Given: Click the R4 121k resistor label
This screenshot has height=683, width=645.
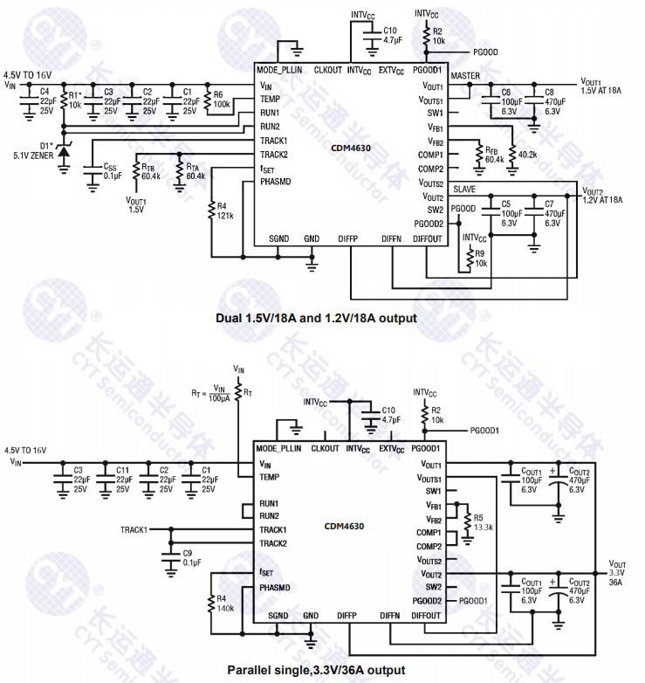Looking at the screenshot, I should [x=225, y=210].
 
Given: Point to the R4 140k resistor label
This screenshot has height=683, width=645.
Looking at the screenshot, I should [x=224, y=603].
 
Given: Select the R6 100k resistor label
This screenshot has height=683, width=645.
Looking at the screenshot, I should [x=221, y=100].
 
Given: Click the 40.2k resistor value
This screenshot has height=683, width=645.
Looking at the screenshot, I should [x=528, y=154].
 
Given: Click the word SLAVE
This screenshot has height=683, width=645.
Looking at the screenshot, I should [x=464, y=189].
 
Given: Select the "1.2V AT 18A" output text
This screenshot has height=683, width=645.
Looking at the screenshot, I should [x=602, y=200].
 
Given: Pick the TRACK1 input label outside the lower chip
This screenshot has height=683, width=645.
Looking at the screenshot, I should [x=134, y=529].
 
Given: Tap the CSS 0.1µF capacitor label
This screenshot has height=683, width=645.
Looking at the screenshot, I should [x=111, y=170].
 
